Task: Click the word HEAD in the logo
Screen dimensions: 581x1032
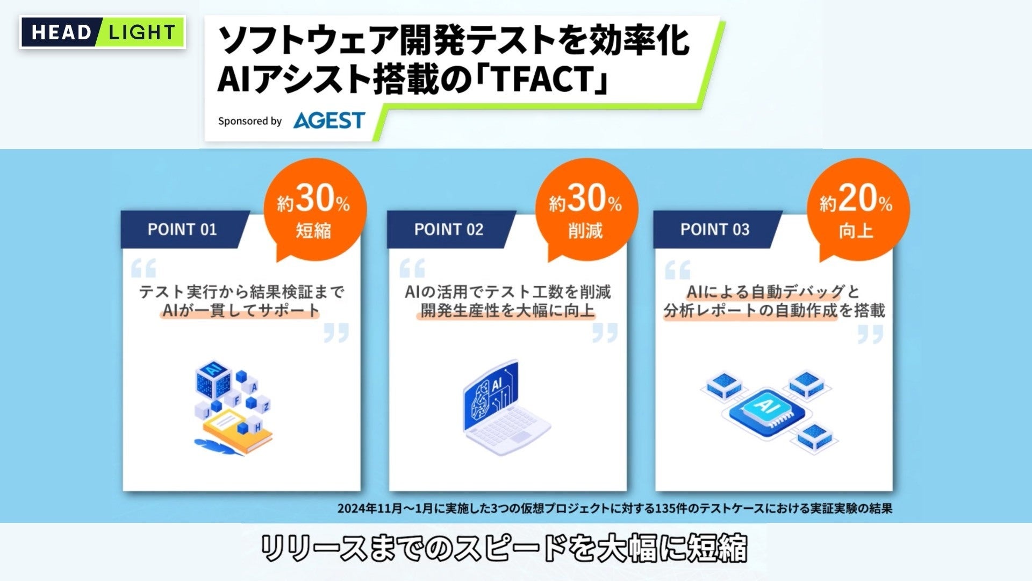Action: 61,33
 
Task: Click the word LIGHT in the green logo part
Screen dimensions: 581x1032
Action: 142,33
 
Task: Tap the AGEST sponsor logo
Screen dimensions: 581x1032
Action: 329,121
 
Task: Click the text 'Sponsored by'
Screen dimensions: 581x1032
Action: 250,121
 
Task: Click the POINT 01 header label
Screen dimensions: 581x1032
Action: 182,230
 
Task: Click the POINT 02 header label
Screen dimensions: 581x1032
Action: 448,230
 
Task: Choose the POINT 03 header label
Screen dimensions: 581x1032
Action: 714,230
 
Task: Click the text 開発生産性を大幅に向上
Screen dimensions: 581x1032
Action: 507,311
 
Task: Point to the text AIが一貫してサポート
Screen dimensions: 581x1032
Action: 240,311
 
